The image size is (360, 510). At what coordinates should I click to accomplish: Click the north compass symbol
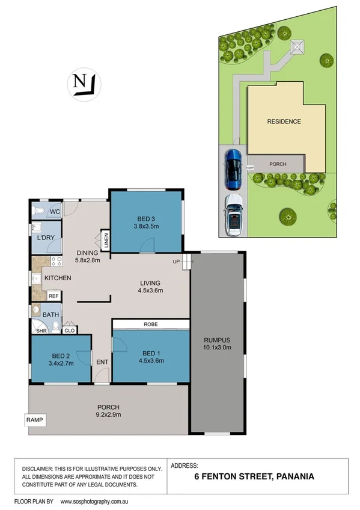click(84, 83)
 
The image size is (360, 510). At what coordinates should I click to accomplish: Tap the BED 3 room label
click(145, 219)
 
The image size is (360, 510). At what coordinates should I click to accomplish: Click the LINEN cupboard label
click(106, 240)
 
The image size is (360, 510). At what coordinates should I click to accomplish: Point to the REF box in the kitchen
click(53, 296)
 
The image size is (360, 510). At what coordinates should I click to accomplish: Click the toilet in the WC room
click(39, 211)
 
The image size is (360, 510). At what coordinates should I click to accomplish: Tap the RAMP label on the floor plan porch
click(35, 419)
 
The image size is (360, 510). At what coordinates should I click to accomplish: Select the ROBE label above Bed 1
click(150, 324)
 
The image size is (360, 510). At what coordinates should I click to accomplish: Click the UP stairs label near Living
click(177, 261)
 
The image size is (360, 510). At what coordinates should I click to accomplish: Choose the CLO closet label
click(69, 330)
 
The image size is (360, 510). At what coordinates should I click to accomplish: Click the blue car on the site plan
click(233, 168)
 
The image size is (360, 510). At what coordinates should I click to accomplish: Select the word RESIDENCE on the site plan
click(284, 121)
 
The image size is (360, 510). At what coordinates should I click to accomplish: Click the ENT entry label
click(102, 362)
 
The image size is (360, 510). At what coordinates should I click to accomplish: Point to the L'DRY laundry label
click(47, 239)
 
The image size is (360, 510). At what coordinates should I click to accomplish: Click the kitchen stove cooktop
click(55, 262)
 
